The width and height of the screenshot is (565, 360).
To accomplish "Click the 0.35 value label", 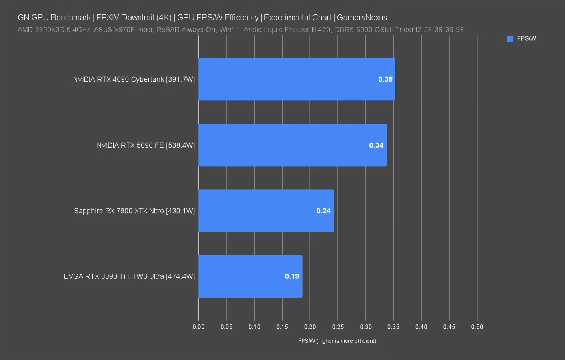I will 385,79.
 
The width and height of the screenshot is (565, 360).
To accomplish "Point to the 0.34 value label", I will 376,145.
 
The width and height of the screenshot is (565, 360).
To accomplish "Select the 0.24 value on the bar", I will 323,211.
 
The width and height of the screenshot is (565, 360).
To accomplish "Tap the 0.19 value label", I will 292,276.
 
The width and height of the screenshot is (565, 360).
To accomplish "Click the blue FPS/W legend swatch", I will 510,39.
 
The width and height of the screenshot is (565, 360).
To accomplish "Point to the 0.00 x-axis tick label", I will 198,327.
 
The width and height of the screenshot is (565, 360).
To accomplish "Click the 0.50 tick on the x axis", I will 477,327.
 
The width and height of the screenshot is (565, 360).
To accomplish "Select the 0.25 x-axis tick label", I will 338,327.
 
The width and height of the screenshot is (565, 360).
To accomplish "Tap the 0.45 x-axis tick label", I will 449,327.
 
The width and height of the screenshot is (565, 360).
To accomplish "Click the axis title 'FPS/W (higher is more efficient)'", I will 337,341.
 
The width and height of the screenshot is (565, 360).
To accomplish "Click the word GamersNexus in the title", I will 362,18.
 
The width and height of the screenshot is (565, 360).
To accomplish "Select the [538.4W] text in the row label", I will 180,145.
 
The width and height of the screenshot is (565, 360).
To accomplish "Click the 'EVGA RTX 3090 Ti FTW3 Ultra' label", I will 114,276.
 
